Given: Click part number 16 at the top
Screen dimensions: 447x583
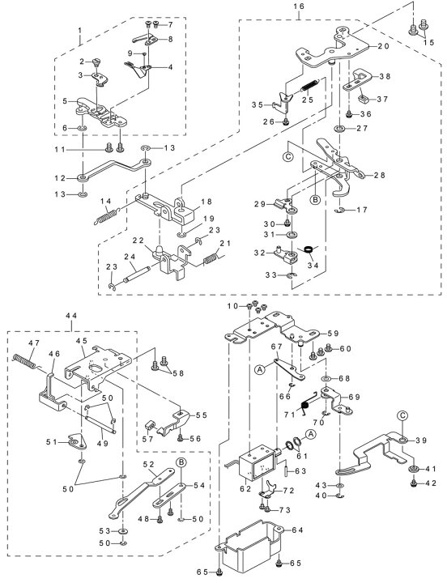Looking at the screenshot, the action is pyautogui.click(x=299, y=6).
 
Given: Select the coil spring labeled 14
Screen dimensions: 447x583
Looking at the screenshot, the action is pyautogui.click(x=106, y=216).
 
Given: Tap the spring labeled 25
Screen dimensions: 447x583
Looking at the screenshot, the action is pyautogui.click(x=309, y=86).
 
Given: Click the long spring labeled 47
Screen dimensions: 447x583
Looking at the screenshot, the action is pyautogui.click(x=25, y=361).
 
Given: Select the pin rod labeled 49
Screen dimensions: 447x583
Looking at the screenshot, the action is pyautogui.click(x=100, y=423).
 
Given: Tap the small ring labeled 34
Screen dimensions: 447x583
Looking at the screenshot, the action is pyautogui.click(x=309, y=249).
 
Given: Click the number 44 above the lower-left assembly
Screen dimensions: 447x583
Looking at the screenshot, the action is pyautogui.click(x=71, y=315).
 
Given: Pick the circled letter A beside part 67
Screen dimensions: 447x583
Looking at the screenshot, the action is pyautogui.click(x=260, y=369).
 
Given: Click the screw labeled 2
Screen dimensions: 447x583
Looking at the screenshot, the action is pyautogui.click(x=98, y=62).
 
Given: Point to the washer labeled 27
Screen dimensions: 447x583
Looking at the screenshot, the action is pyautogui.click(x=339, y=129).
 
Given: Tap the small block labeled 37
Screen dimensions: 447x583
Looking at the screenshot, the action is pyautogui.click(x=363, y=100).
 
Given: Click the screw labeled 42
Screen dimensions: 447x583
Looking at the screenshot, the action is pyautogui.click(x=414, y=483).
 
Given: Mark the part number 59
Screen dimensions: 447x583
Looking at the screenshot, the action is pyautogui.click(x=333, y=334).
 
